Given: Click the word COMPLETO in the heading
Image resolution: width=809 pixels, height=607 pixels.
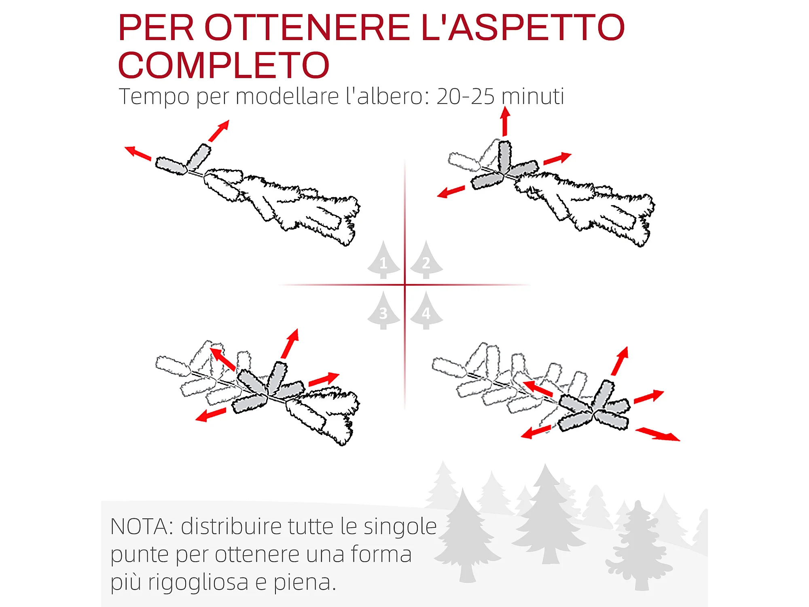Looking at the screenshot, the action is [x=224, y=65].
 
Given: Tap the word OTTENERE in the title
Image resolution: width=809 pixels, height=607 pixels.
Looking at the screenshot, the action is [x=307, y=28].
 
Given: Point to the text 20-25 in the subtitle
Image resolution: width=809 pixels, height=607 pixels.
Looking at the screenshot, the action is [x=466, y=96].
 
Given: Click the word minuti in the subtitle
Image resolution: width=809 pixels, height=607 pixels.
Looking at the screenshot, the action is [x=533, y=96].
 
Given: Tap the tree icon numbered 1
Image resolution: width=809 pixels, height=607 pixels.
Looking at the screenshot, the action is [x=383, y=260].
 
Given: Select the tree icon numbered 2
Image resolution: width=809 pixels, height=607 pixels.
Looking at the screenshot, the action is [x=426, y=260].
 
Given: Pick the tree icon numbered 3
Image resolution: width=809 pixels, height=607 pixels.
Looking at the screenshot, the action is [x=383, y=310].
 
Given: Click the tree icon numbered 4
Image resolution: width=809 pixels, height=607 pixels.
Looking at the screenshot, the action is [x=426, y=310].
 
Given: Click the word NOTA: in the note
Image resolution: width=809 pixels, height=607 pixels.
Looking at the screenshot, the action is [x=142, y=526].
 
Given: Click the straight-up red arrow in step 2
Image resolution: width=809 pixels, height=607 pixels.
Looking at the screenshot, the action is [x=505, y=121].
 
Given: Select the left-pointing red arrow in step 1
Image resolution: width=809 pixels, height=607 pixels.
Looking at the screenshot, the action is [x=138, y=153].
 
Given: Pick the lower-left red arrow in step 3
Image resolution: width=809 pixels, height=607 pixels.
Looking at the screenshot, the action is [x=210, y=415].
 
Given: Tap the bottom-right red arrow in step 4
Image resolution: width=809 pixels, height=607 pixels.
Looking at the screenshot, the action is [x=658, y=435].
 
